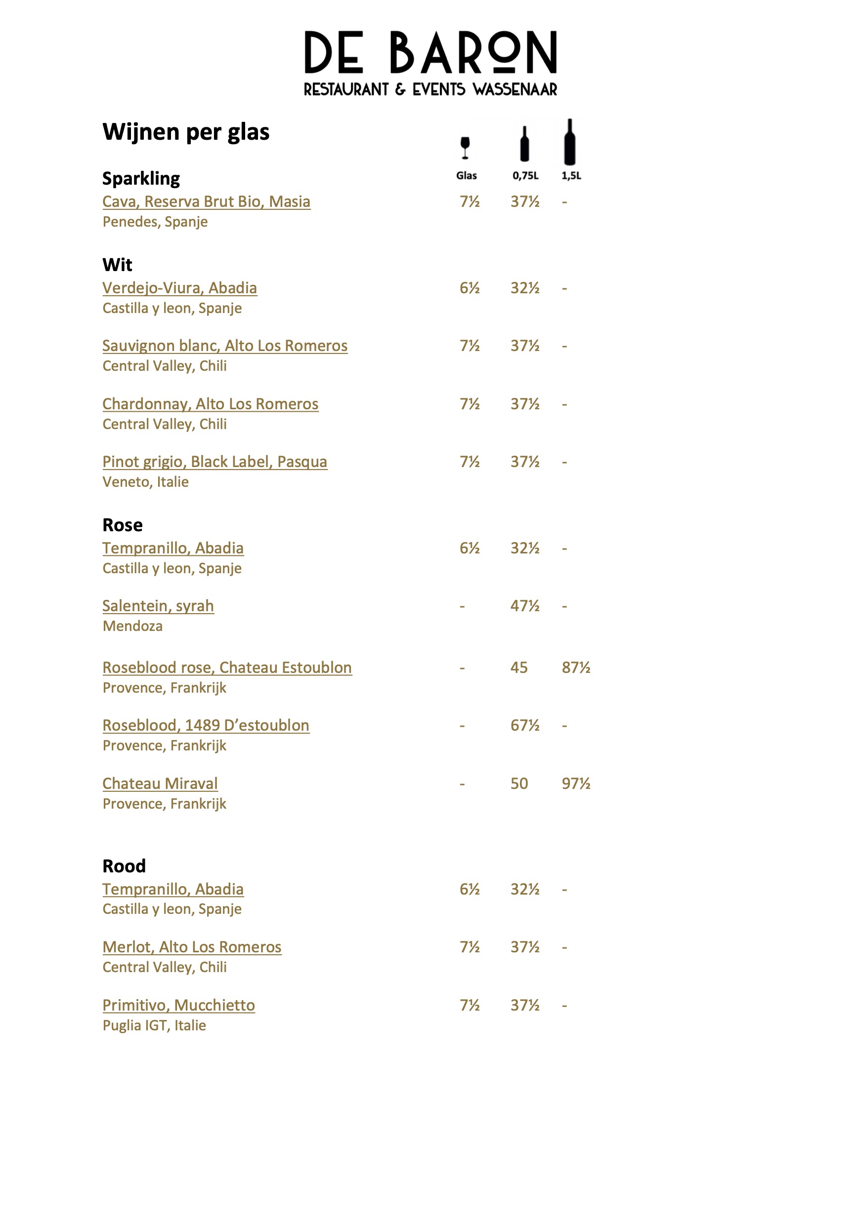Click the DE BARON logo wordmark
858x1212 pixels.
pyautogui.click(x=430, y=52)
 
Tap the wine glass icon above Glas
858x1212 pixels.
pyautogui.click(x=465, y=147)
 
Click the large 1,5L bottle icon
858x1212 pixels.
pyautogui.click(x=569, y=143)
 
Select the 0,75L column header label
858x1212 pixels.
pyautogui.click(x=525, y=176)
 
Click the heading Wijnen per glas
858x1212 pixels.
pyautogui.click(x=186, y=132)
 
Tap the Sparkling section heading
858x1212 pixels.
pyautogui.click(x=141, y=178)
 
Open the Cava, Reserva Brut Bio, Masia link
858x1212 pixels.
pyautogui.click(x=206, y=201)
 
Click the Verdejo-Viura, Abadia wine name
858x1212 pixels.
pyautogui.click(x=179, y=288)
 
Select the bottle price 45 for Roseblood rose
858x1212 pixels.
pyautogui.click(x=519, y=668)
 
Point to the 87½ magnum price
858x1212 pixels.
pyautogui.click(x=576, y=668)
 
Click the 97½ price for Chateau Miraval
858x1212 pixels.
pyautogui.click(x=576, y=783)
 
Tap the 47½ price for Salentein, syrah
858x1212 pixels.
pyautogui.click(x=524, y=606)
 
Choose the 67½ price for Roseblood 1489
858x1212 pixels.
pyautogui.click(x=524, y=725)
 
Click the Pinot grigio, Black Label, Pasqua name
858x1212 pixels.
pyautogui.click(x=214, y=462)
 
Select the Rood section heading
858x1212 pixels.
pyautogui.click(x=124, y=866)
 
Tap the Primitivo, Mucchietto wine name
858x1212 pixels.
pyautogui.click(x=178, y=1005)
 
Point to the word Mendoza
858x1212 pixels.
pyautogui.click(x=132, y=626)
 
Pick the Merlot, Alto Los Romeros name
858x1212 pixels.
pyautogui.click(x=192, y=947)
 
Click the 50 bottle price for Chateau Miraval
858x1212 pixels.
pyautogui.click(x=519, y=783)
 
